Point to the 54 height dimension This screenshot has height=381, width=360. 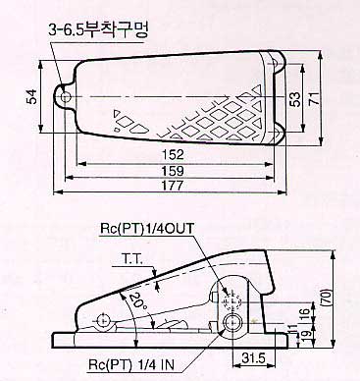tap(31, 97)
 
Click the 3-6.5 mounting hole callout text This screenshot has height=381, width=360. tap(98, 30)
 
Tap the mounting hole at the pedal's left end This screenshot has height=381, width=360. tap(66, 97)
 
